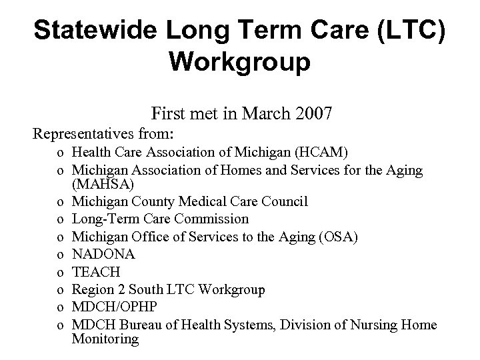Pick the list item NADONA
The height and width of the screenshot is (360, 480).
104,254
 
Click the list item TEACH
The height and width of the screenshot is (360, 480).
97,272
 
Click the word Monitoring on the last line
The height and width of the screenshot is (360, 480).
106,339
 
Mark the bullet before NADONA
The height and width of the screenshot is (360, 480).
61,255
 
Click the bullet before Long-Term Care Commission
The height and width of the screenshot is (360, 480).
61,219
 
